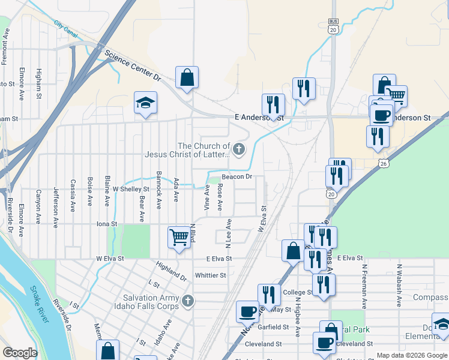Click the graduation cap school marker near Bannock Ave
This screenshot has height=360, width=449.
coord(145,103)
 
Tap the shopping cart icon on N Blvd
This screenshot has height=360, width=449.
coord(179,238)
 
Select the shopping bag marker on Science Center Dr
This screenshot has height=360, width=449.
coord(187,77)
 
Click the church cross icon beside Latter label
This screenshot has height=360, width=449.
coord(240,149)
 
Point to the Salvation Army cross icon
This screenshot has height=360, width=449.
coord(188,301)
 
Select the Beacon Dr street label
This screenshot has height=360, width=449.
coord(237,176)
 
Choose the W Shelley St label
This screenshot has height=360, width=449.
coord(130,189)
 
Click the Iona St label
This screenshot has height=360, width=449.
coord(107,224)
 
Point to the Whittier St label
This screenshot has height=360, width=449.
coord(210,275)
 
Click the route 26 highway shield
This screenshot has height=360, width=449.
coord(383,163)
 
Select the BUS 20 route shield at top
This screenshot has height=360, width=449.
coord(333,26)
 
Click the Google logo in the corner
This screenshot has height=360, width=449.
coord(20,353)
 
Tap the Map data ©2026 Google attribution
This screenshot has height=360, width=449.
coord(411,355)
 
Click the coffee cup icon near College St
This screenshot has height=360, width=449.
coord(247,311)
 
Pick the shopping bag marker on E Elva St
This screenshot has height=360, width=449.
coord(293,250)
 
